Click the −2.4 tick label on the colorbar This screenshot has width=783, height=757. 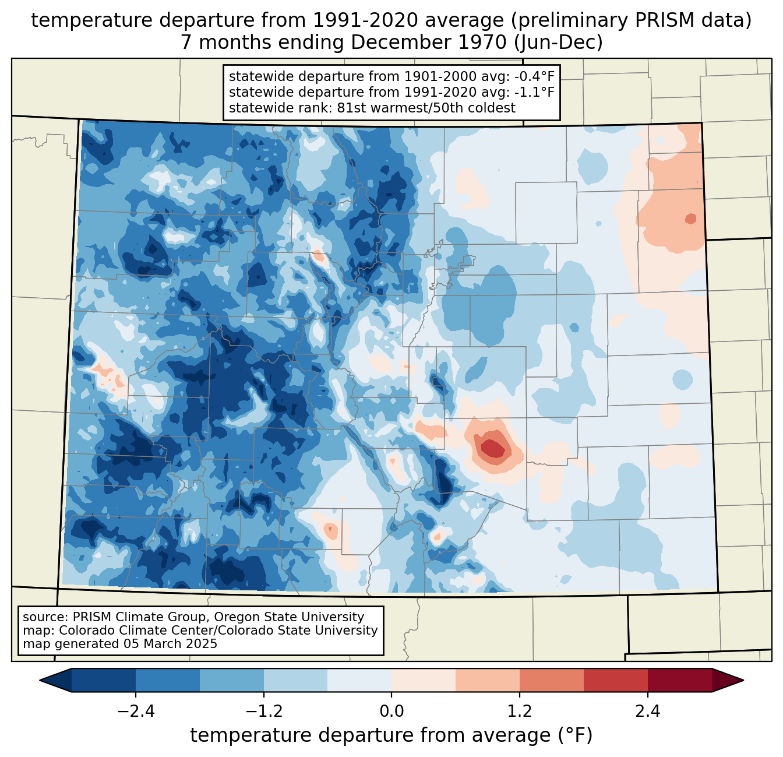(136, 712)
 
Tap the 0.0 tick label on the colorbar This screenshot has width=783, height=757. (391, 712)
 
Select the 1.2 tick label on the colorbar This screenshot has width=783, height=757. (520, 712)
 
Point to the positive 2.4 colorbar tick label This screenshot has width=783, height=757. (647, 712)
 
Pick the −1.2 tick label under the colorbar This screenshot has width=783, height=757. (264, 712)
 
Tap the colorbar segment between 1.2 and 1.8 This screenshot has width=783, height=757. (551, 680)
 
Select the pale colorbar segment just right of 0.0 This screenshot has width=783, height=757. (424, 680)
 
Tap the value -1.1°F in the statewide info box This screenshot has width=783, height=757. (532, 92)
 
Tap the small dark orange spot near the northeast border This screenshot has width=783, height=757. (690, 219)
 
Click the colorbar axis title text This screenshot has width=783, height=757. (391, 735)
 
